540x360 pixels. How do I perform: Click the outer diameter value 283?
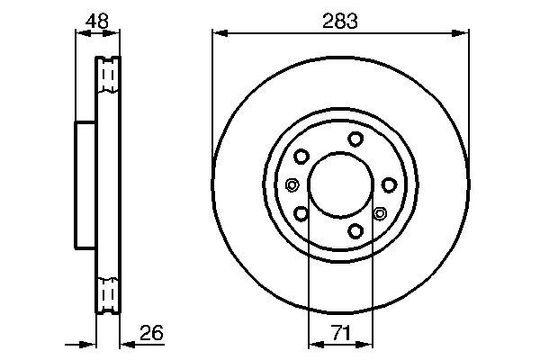point(340,20)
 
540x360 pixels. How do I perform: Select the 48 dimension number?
point(96,20)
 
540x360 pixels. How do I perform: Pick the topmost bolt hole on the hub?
point(355,138)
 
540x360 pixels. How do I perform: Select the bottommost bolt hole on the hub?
point(355,231)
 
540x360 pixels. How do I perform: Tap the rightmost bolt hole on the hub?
point(389,184)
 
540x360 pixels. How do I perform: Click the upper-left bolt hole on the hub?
point(301,156)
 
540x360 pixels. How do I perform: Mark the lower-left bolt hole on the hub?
point(301,213)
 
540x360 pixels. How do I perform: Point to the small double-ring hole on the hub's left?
point(292,185)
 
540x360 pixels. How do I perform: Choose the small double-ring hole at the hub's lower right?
point(379,214)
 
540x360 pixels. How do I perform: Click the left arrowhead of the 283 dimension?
point(217,34)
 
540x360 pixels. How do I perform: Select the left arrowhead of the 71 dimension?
point(313,344)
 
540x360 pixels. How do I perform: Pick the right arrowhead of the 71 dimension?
point(367,344)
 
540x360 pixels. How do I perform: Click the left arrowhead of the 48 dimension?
point(78,34)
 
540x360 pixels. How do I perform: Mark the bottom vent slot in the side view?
point(107,293)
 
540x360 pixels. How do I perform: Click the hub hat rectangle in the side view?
point(85,184)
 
